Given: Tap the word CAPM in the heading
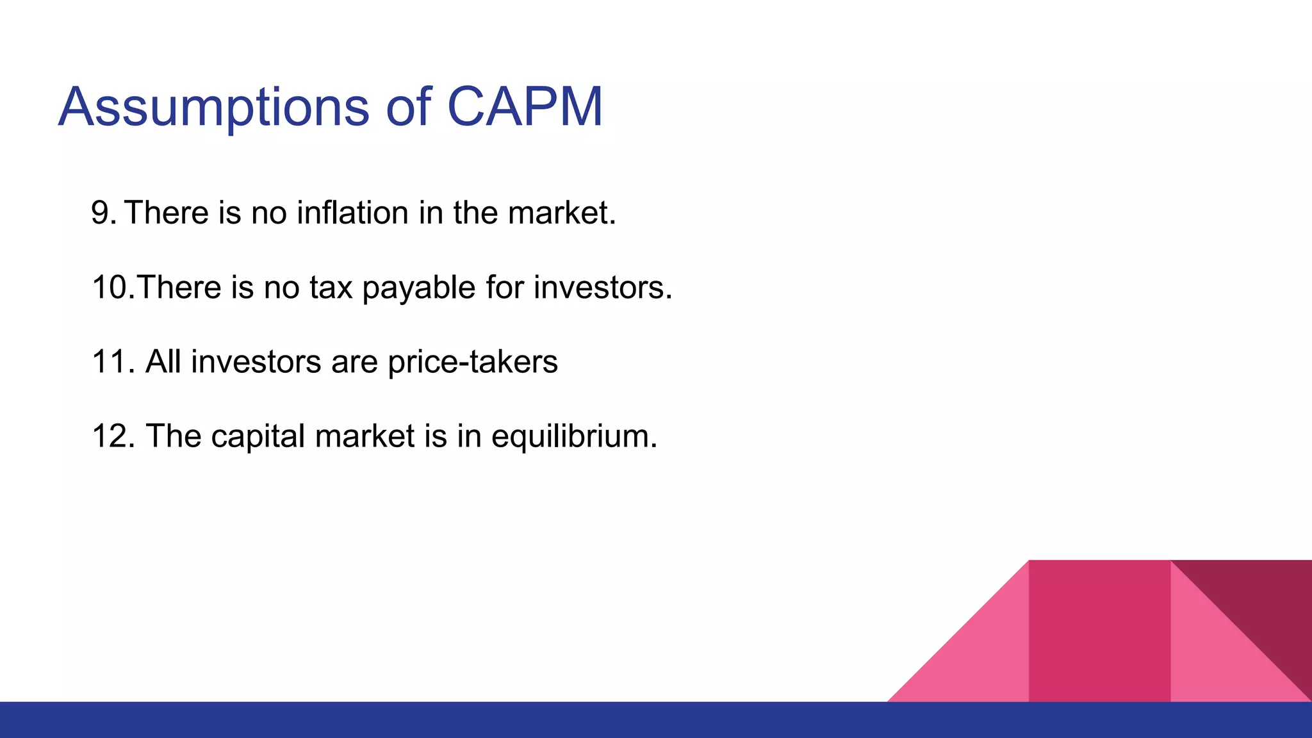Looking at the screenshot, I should [525, 107].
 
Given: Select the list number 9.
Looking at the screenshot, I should [103, 213].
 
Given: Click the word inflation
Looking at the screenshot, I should [352, 213].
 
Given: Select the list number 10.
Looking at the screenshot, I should [113, 288].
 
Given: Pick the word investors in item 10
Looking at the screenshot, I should [602, 288].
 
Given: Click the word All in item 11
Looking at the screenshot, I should [163, 362].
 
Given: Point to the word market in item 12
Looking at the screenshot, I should [365, 436].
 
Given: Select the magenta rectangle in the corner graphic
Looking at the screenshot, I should [1099, 631].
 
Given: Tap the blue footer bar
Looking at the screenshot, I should [656, 720].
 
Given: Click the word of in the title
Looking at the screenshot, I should [407, 107].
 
